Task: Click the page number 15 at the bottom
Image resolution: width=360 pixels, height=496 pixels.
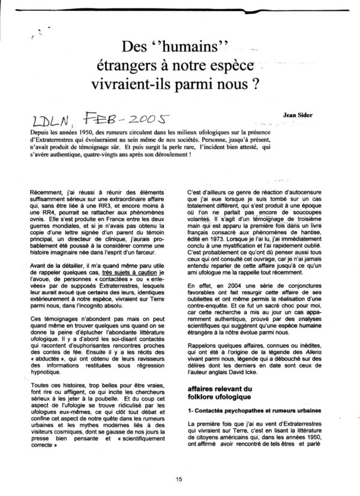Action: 179,479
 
